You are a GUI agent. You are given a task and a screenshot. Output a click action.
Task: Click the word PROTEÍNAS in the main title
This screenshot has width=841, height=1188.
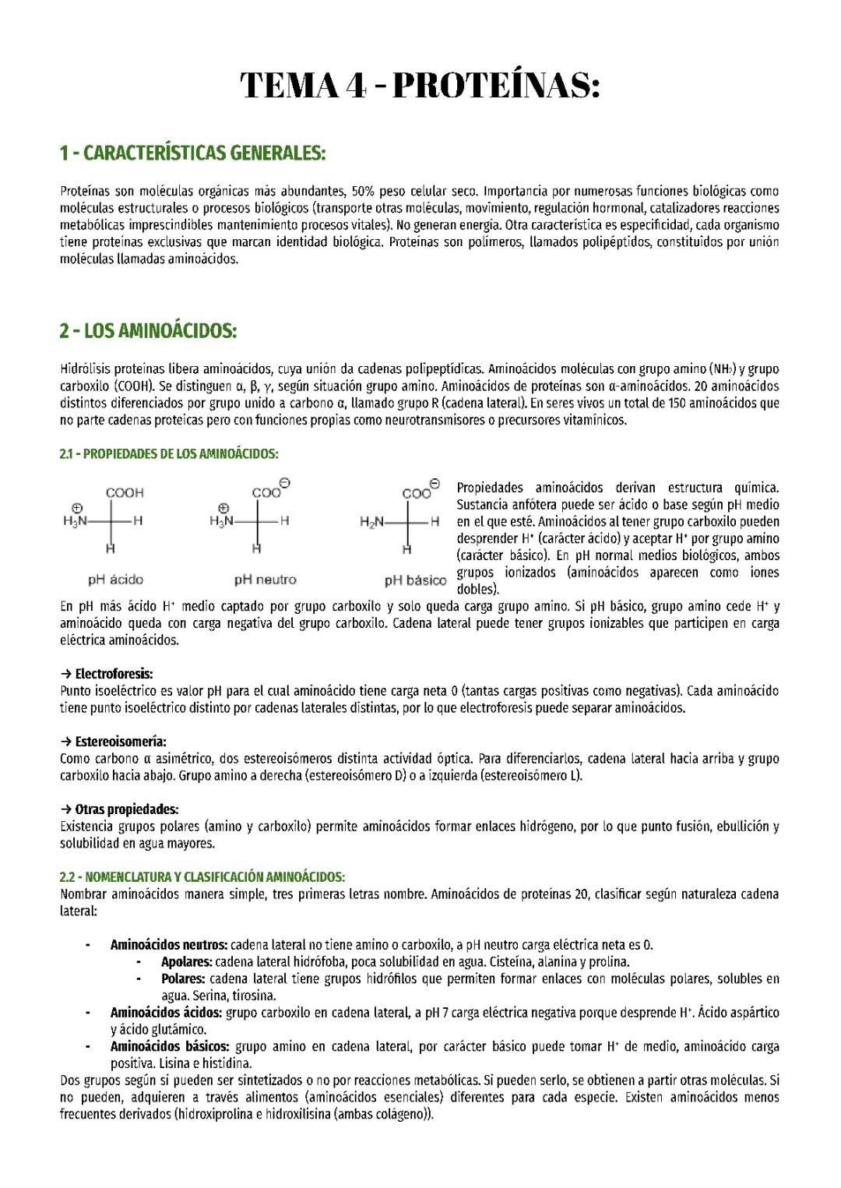[495, 86]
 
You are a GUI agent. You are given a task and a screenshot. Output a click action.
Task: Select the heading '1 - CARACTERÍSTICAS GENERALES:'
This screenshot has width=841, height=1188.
[192, 153]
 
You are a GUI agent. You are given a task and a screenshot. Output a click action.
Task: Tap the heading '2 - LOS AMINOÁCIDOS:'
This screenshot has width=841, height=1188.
[148, 331]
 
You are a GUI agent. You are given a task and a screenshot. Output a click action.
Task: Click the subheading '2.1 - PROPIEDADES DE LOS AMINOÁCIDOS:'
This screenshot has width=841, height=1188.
[169, 453]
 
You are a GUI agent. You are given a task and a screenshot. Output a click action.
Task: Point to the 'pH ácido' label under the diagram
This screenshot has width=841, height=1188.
[115, 580]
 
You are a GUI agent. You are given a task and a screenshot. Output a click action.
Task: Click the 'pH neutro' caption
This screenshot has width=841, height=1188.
[265, 580]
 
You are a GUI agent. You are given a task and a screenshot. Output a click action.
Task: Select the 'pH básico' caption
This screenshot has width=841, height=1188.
[415, 580]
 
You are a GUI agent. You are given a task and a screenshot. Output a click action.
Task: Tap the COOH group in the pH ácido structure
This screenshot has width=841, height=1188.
[125, 493]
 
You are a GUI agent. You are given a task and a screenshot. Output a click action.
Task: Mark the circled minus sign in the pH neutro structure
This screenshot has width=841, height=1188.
[285, 484]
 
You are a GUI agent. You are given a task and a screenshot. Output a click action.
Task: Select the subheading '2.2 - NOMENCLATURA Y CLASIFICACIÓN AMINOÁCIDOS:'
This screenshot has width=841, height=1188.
[202, 877]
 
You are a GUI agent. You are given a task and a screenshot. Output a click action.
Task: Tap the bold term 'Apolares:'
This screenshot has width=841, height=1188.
[186, 962]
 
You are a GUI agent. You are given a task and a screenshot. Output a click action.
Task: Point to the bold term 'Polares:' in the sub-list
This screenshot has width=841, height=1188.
[183, 978]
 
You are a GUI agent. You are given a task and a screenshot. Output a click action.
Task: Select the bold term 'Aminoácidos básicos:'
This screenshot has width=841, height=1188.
[170, 1047]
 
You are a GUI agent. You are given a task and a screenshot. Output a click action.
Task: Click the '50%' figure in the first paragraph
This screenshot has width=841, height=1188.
[364, 191]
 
